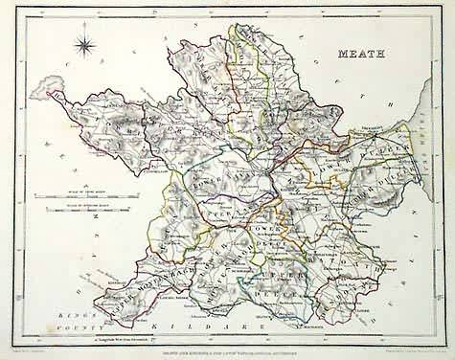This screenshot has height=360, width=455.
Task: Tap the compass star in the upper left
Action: [x=83, y=43]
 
